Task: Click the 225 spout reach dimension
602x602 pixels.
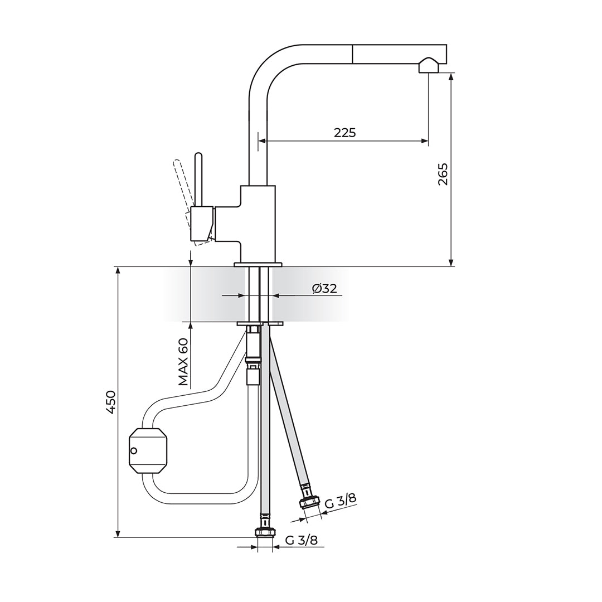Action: point(345,133)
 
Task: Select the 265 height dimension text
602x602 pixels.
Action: point(443,174)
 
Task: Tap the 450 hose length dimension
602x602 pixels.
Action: point(111,402)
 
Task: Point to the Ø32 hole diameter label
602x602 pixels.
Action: point(325,288)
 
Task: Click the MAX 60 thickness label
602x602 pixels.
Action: point(183,361)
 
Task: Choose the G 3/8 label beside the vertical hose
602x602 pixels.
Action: point(302,540)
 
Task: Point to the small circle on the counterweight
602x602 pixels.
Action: point(134,450)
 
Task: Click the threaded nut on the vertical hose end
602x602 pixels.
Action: point(265,532)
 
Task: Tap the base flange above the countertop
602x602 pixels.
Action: point(258,264)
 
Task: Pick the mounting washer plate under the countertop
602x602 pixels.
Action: point(260,324)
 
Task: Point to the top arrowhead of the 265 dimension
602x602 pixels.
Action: point(451,77)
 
